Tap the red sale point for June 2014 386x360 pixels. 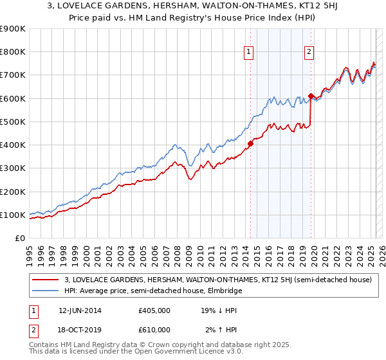250,143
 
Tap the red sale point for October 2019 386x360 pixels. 311,96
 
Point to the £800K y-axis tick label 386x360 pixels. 13,51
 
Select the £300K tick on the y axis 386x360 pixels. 13,168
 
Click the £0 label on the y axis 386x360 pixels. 19,238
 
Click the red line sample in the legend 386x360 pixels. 45,280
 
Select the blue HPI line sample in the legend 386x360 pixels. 45,291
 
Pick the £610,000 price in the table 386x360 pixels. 154,329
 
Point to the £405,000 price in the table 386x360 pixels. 154,310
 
